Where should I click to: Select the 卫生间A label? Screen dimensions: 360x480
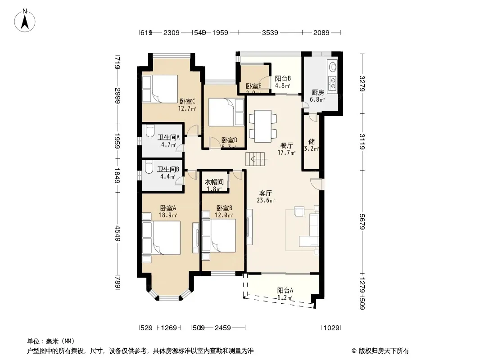coord(168,138)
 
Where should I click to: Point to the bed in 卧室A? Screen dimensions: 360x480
coord(160,239)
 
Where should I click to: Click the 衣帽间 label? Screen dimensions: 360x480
coord(214,182)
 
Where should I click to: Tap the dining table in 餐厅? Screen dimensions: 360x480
coord(263,126)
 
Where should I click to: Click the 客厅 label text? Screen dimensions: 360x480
coord(266,193)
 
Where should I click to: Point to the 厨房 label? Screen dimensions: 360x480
coord(318,92)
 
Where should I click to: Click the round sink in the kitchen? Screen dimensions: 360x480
coord(332,67)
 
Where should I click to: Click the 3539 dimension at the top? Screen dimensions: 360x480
coord(270,32)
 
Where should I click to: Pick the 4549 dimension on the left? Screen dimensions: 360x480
coord(118,233)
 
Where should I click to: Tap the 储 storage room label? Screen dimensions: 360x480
coord(311,141)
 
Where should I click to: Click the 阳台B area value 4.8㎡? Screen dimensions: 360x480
coord(282,85)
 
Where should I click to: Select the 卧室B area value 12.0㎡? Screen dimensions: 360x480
coord(224,215)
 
